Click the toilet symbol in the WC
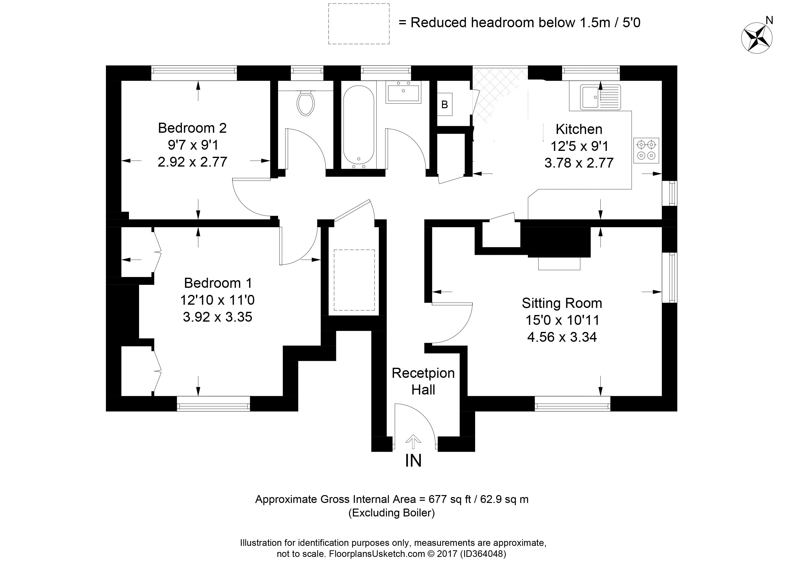pos(306,103)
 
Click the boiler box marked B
pos(444,104)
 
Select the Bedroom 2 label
pos(192,128)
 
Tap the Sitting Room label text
pos(562,303)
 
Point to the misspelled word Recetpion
pos(423,373)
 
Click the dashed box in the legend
pos(358,24)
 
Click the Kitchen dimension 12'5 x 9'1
pos(579,146)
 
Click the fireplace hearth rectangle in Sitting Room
pos(559,263)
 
